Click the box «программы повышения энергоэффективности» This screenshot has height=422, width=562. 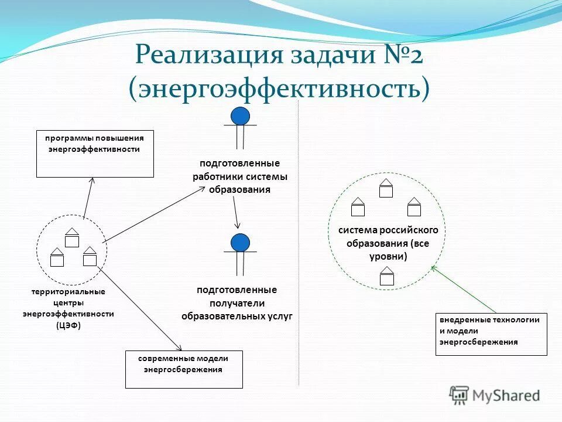point(95,154)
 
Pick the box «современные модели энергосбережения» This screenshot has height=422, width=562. point(184,369)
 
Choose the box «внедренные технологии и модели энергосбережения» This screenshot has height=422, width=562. point(491,335)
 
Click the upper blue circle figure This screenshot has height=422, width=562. point(240,116)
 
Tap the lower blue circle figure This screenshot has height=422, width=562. point(240,243)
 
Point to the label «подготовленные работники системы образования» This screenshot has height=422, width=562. point(240,176)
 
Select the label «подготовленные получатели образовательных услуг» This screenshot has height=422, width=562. point(237,303)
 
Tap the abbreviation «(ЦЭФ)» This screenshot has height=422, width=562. point(68,325)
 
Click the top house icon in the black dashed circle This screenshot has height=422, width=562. point(71,237)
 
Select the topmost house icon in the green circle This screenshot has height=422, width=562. point(386,188)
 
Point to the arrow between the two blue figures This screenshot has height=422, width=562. point(236,212)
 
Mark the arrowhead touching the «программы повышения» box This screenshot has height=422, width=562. point(91,180)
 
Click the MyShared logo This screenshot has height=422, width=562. point(495,396)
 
